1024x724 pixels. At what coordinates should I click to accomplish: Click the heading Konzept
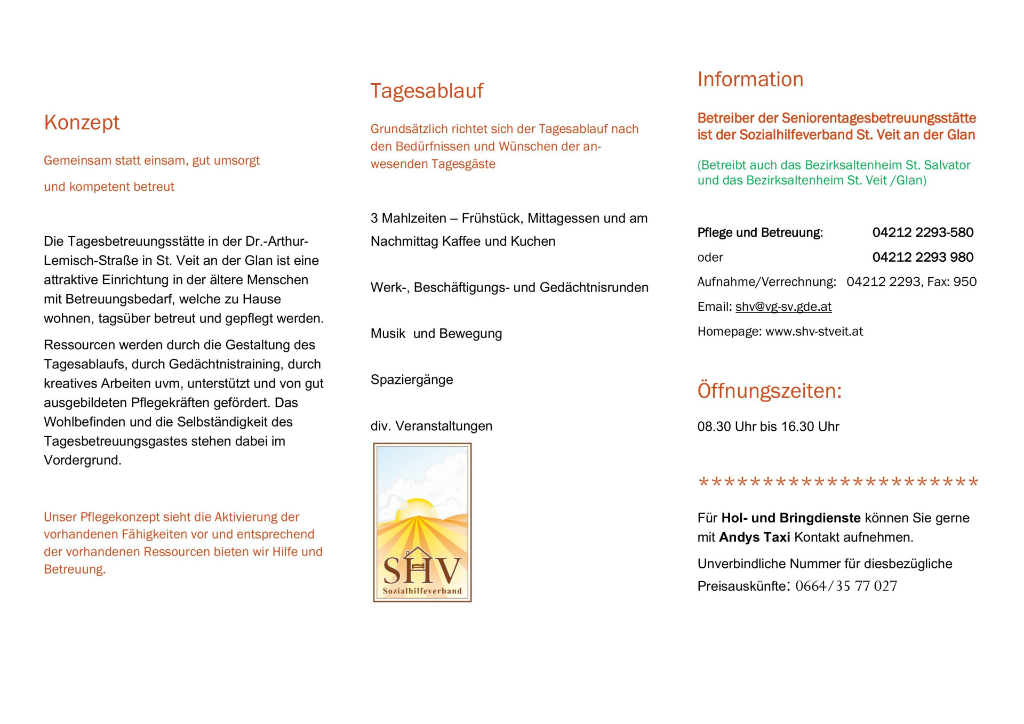(x=82, y=123)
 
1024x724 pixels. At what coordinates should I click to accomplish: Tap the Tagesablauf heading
(x=427, y=91)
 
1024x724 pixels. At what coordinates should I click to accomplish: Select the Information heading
(x=750, y=79)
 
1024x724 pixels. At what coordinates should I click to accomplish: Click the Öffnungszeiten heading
(x=769, y=391)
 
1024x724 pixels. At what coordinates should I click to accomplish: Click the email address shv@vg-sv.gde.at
(x=783, y=307)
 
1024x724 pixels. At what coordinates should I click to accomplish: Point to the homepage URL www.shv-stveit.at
(x=814, y=332)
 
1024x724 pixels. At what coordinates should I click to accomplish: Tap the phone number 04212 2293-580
(x=923, y=232)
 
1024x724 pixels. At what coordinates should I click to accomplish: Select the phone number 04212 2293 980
(x=923, y=258)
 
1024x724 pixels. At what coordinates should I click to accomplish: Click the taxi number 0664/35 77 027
(x=846, y=586)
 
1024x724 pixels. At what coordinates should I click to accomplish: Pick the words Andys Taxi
(x=754, y=537)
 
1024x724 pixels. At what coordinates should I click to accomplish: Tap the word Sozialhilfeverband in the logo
(x=422, y=591)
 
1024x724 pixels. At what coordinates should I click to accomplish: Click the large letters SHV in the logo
(x=422, y=570)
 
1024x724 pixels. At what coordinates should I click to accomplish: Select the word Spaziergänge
(x=412, y=380)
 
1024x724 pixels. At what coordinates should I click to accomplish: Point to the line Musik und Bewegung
(x=436, y=334)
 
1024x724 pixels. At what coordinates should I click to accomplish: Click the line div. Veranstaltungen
(x=431, y=427)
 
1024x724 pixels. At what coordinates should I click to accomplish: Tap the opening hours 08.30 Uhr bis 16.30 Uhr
(x=768, y=427)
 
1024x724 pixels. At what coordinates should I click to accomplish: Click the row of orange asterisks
(x=838, y=482)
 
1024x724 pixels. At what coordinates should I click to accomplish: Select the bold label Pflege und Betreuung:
(x=760, y=233)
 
